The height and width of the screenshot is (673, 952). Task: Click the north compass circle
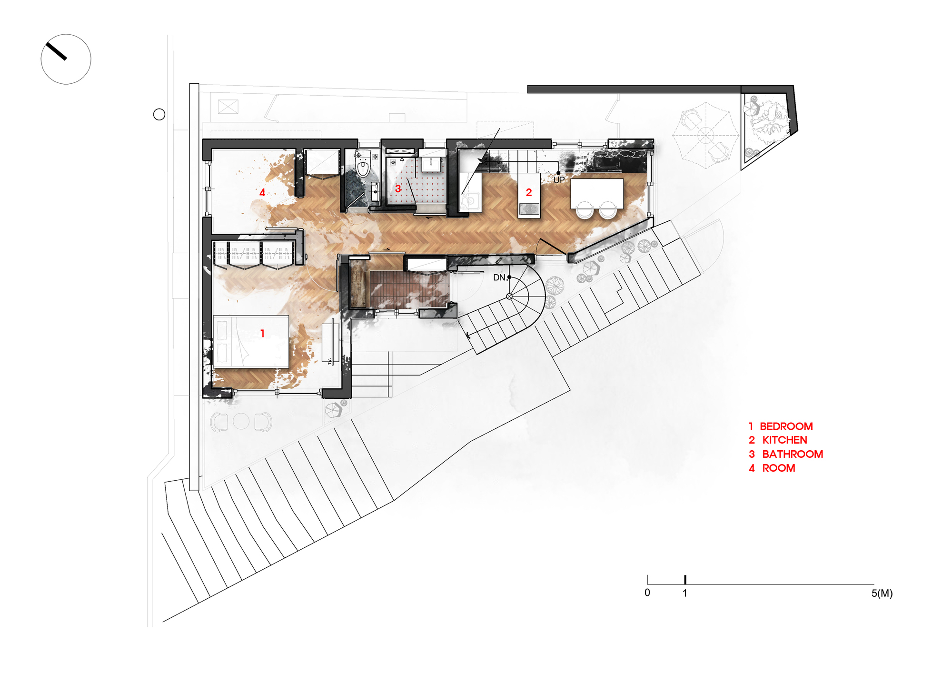[x=66, y=59]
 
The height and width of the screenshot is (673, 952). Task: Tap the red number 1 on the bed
[x=262, y=333]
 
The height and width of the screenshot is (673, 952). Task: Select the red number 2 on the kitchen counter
[x=529, y=192]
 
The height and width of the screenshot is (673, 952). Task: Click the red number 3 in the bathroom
[x=398, y=188]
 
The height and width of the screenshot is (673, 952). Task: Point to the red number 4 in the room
[x=262, y=192]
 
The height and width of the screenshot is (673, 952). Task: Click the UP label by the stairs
[x=559, y=180]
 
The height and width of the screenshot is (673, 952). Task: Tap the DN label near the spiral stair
[x=499, y=277]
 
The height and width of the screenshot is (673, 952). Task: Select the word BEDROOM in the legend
[x=786, y=426]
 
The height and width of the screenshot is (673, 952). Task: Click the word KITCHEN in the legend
[x=784, y=440]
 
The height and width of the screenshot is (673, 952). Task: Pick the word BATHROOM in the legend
[x=793, y=454]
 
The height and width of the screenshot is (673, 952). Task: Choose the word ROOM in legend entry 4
[x=778, y=468]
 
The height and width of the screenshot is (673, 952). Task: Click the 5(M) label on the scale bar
[x=882, y=594]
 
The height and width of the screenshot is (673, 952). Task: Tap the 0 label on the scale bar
[x=647, y=593]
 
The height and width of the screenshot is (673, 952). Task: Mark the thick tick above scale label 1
[x=685, y=579]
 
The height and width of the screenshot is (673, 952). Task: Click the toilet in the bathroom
[x=363, y=164]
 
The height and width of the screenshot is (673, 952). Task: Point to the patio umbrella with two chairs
[x=705, y=135]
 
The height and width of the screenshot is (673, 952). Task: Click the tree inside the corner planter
[x=768, y=121]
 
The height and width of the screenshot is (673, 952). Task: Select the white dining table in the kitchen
[x=597, y=193]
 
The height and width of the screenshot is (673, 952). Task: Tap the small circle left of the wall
[x=159, y=114]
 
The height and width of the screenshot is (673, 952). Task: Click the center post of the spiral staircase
[x=509, y=296]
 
